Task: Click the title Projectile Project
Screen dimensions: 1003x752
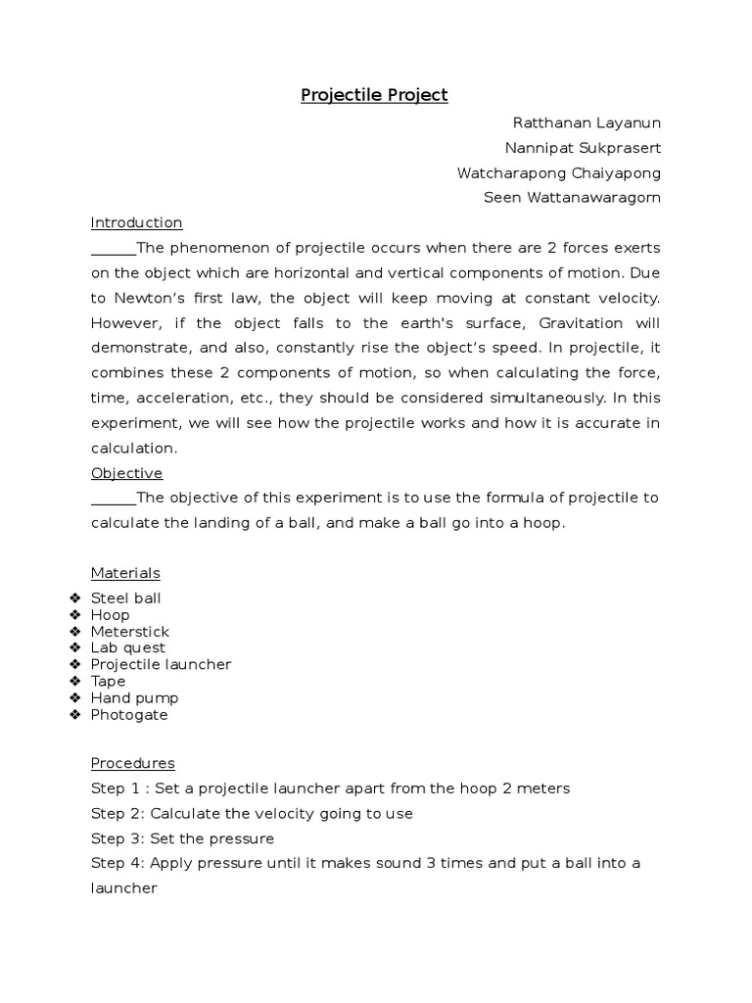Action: [374, 95]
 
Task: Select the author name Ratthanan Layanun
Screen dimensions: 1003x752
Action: [587, 122]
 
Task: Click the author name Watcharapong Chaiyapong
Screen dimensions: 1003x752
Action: [559, 173]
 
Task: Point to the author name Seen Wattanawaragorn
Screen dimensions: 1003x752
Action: [573, 198]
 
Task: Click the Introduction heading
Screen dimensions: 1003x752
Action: [136, 222]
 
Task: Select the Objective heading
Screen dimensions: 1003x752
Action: [126, 473]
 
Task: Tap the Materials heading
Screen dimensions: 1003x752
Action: [125, 573]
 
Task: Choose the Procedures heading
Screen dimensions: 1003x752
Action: [132, 763]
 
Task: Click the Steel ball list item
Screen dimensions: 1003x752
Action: [125, 597]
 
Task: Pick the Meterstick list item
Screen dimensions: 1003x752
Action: [129, 631]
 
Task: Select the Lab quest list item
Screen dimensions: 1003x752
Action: [127, 647]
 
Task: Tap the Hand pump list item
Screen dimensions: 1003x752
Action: [134, 697]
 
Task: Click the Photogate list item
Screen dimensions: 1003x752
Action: [129, 714]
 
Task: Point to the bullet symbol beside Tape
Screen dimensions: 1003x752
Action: [75, 681]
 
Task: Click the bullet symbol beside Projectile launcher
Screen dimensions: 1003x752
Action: [75, 664]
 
